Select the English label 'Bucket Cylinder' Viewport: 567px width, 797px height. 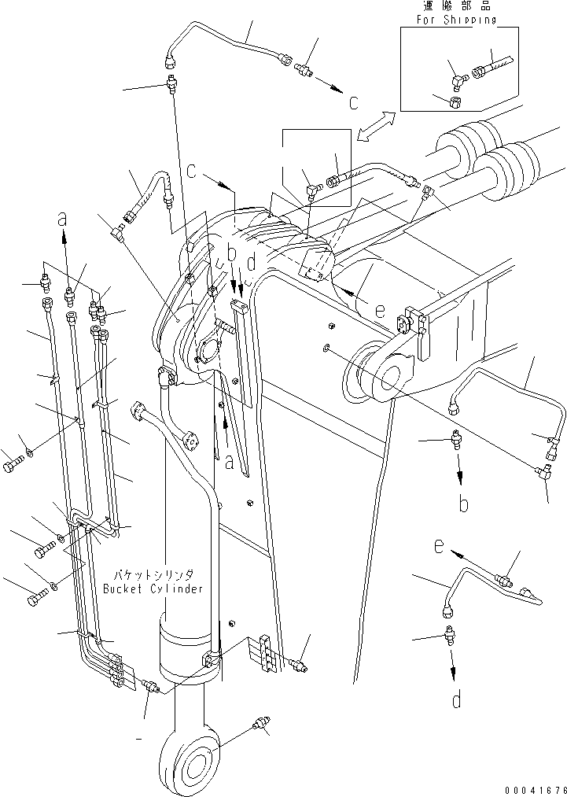(153, 589)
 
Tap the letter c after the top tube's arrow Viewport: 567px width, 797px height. (354, 101)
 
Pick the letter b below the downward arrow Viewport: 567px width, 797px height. (463, 504)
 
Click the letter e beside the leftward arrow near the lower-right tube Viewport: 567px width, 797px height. (437, 544)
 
